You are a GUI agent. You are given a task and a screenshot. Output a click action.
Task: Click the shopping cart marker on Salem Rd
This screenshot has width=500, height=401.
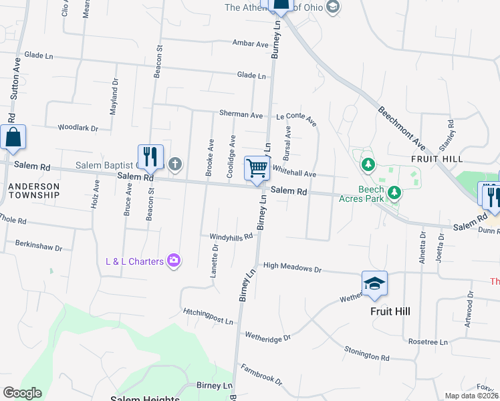pos(257,168)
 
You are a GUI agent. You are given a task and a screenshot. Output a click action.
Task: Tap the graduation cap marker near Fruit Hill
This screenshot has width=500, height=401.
pos(374,284)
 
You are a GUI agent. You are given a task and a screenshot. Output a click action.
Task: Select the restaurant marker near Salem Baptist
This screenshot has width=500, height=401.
pos(150,157)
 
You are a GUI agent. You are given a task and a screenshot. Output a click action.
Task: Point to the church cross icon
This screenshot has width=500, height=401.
pos(175,163)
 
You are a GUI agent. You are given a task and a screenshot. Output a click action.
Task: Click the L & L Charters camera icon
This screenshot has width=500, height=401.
pos(174,261)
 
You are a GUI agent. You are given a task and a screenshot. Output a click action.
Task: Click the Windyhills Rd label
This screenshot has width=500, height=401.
pos(231,236)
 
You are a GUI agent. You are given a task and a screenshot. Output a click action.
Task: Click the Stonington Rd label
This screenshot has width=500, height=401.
pos(367,354)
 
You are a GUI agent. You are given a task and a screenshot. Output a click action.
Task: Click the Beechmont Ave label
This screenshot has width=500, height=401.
pos(401,127)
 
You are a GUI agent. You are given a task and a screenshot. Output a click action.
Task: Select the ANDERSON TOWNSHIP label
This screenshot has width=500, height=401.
pos(34,190)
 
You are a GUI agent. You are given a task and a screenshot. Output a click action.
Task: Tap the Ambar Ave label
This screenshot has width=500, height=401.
pos(250,44)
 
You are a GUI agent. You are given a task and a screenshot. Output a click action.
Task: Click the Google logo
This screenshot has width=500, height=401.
pos(22,393)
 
